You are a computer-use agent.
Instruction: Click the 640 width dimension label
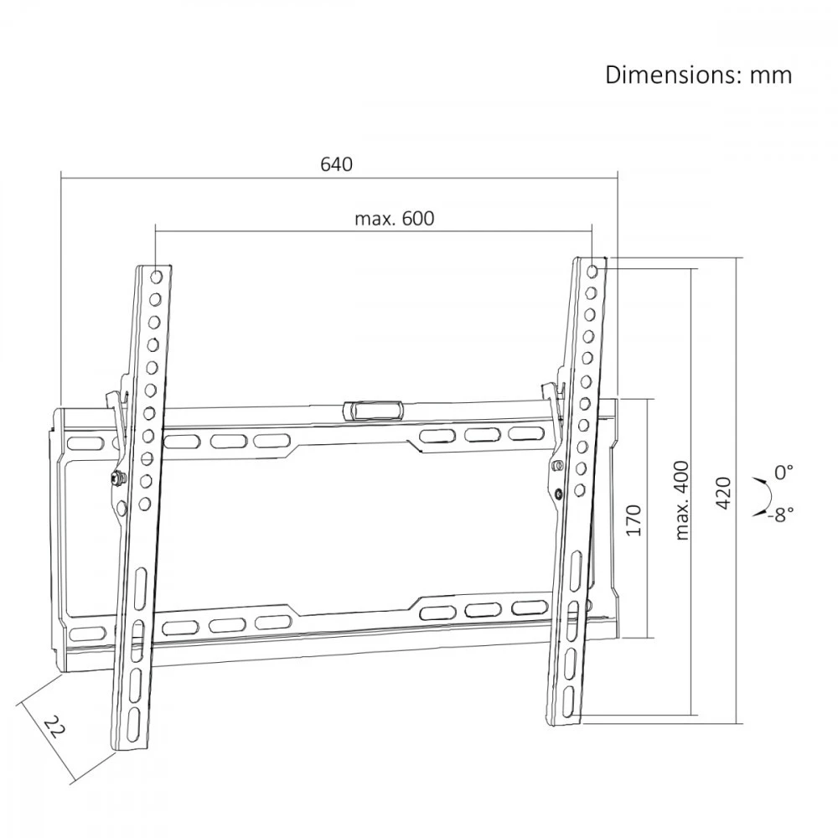pos(337,164)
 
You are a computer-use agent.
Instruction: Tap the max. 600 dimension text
pos(395,219)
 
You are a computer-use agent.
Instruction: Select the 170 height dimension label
pos(633,520)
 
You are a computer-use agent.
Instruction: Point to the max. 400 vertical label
pos(682,500)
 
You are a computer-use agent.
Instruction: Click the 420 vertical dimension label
pos(723,493)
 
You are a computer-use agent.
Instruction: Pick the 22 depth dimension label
pos(54,727)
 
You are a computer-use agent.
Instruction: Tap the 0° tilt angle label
pos(784,472)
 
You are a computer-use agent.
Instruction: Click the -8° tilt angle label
pos(781,515)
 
